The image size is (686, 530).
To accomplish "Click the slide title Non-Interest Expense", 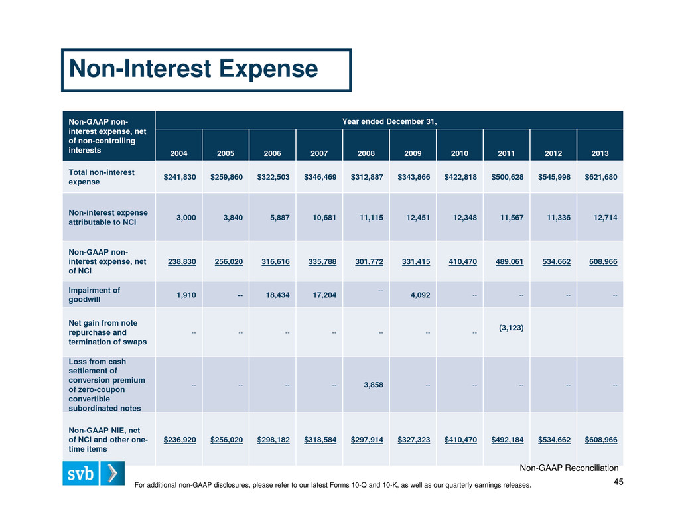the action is coord(193,69).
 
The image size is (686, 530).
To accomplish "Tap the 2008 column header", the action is coord(366,153).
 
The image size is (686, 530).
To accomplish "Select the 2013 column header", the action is coord(600,153).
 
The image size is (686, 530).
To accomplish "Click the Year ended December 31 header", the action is coord(389,121).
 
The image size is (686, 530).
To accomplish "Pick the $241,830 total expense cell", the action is coord(180,177).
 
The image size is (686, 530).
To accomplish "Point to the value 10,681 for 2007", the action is coord(324,218).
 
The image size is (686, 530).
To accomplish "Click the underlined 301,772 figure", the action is coord(370,261).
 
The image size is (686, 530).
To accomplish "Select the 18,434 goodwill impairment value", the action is coord(278,295).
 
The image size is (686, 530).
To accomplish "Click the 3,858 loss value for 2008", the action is coord(374,385).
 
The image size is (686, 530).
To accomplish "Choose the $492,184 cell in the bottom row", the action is coord(508,440).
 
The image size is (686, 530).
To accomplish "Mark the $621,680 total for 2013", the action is coord(601,177).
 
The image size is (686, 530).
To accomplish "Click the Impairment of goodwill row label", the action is coord(94,295).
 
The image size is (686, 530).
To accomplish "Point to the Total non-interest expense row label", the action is coord(102,177).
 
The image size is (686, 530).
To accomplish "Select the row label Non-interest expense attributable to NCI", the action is coord(108,218).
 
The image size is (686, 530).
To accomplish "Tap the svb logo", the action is coord(81,473).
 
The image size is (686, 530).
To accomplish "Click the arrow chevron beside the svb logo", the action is coord(112,473).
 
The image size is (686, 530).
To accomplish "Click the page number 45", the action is coord(618,482).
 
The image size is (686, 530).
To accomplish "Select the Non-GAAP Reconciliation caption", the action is coord(569,468).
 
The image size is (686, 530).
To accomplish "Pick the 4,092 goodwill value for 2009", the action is coord(421,295).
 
